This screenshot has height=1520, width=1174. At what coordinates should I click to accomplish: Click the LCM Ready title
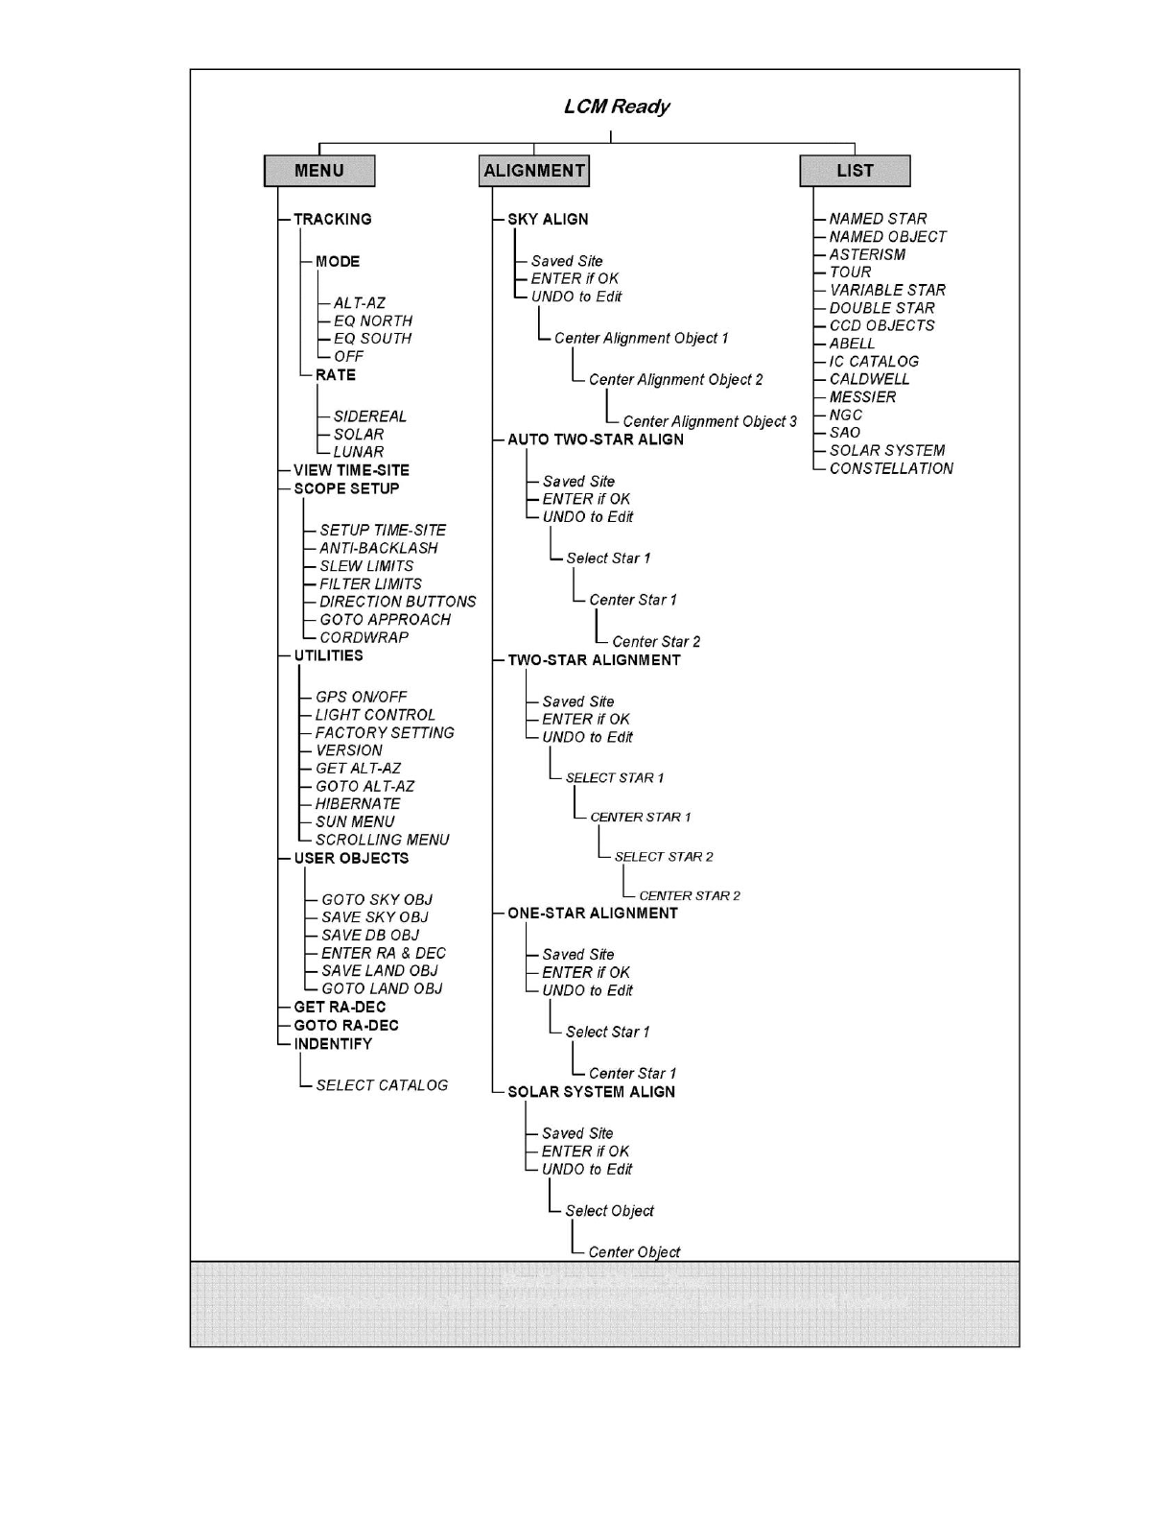tap(616, 107)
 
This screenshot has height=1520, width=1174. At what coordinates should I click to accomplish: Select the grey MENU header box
tap(319, 171)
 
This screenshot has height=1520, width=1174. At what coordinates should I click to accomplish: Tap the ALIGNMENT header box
tap(534, 171)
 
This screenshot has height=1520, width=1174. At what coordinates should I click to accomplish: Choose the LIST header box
tap(855, 171)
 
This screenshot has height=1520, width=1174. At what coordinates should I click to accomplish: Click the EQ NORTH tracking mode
tap(372, 321)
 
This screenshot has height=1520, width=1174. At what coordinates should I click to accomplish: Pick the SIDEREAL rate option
tap(369, 416)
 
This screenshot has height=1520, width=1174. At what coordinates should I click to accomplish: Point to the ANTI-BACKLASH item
tap(378, 548)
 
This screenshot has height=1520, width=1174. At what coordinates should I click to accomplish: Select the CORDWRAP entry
tap(364, 637)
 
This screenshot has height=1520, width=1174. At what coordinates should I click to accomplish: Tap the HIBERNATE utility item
tap(357, 804)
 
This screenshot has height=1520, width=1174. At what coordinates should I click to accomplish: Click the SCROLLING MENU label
tap(382, 840)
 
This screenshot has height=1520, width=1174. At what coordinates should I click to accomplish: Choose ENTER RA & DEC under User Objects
tap(383, 953)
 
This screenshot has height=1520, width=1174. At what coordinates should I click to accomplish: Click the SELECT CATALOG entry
tap(381, 1085)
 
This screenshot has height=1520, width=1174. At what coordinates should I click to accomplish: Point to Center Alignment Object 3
tap(709, 421)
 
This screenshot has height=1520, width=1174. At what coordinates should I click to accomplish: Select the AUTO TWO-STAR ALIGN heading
tap(596, 439)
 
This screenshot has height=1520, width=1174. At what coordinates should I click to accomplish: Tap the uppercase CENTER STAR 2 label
tap(689, 895)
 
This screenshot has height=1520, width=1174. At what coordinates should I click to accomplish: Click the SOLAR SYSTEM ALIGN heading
tap(591, 1092)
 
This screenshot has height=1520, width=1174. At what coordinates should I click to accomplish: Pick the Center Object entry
tap(633, 1252)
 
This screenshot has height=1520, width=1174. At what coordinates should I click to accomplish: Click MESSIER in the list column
tap(862, 397)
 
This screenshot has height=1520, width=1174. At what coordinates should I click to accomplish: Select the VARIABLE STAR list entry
tap(887, 290)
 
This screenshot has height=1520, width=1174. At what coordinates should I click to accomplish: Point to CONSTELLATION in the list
tap(891, 468)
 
